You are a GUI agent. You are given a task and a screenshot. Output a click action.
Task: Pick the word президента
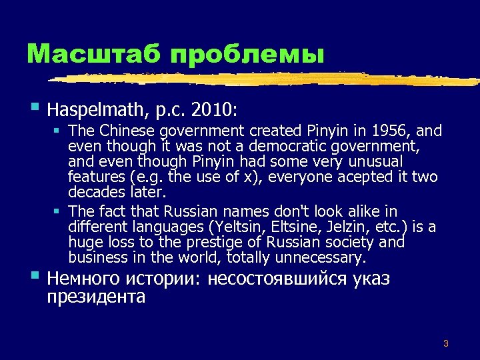96,297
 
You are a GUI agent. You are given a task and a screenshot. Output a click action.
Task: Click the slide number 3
445,344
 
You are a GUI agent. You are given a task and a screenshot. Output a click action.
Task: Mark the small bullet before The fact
58,213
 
